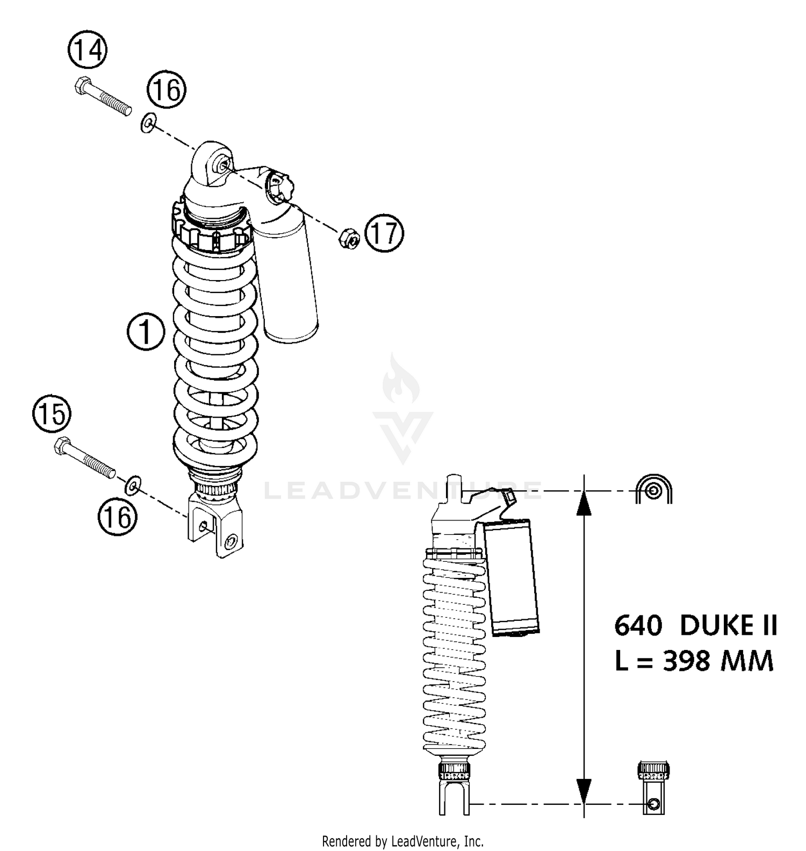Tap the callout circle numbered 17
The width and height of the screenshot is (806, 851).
tap(384, 233)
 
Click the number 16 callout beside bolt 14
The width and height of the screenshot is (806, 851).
tap(167, 90)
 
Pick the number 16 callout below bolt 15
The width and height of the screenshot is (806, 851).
tap(117, 518)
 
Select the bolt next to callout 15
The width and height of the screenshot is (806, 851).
tap(85, 459)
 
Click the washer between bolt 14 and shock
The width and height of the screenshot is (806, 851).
tap(148, 124)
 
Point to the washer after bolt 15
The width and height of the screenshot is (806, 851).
tap(132, 485)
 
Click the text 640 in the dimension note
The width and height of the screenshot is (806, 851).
tap(638, 626)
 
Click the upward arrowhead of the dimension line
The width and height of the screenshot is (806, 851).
tap(584, 504)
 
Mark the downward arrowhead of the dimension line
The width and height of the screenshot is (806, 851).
tap(584, 790)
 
